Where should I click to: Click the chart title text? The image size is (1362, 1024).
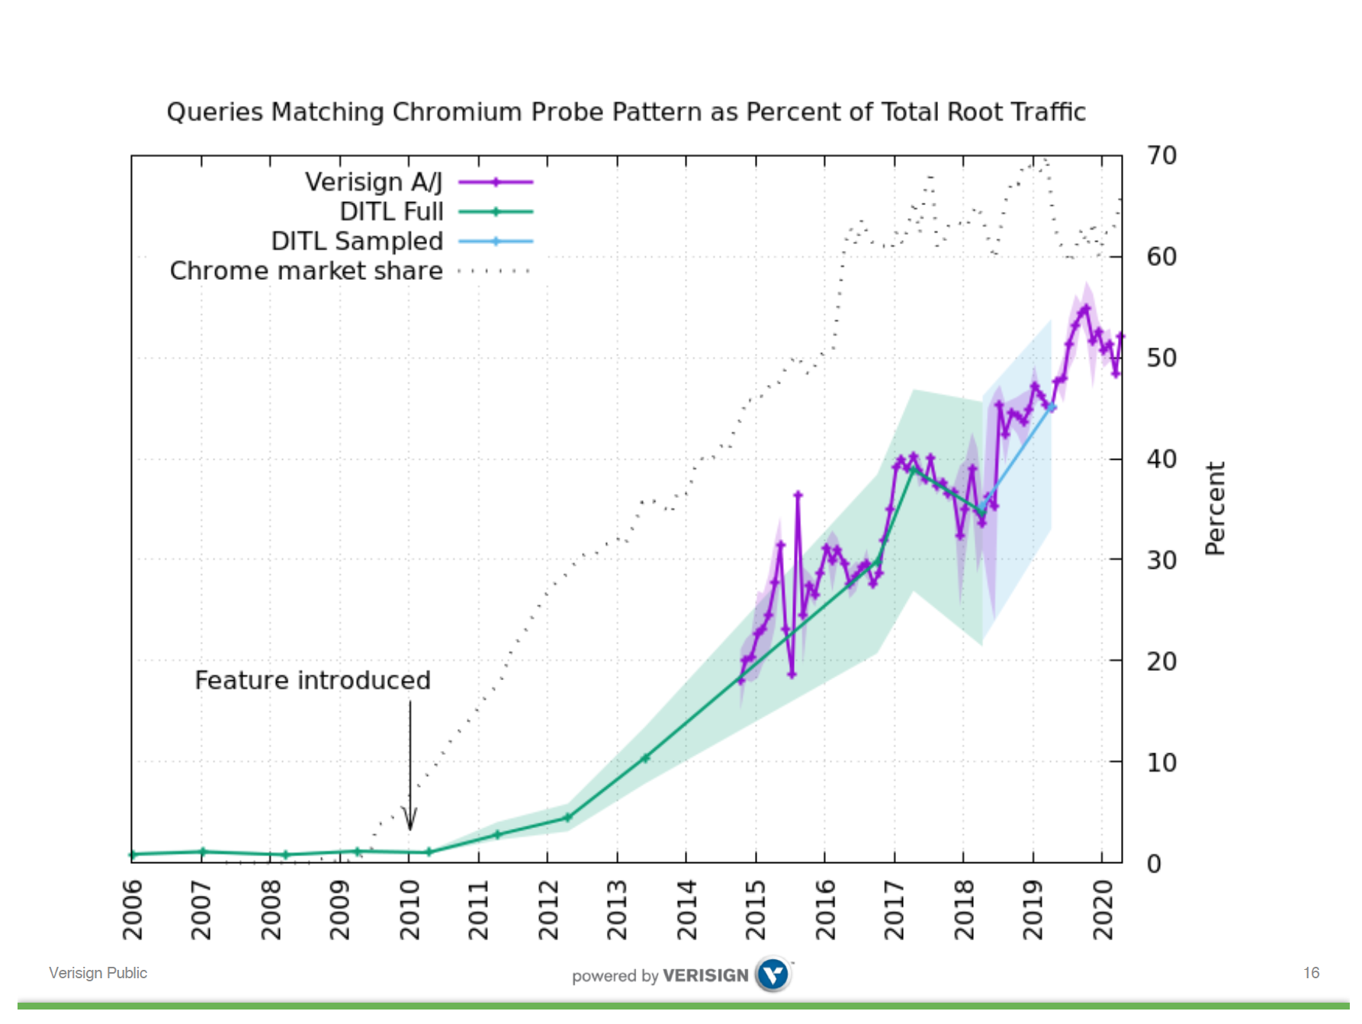pos(625,112)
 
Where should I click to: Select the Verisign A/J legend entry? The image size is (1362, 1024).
pos(374,182)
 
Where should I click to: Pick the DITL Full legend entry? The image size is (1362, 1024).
pos(391,212)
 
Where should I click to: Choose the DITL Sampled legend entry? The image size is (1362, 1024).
pos(357,241)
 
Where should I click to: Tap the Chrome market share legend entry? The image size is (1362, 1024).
pos(306,271)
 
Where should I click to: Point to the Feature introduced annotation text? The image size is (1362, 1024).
pos(313,680)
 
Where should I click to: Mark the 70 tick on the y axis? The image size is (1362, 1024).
pos(1161,156)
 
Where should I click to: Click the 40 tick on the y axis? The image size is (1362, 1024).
pos(1161,459)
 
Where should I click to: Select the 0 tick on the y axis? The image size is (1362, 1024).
pos(1154,864)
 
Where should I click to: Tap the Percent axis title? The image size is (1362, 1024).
pos(1215,509)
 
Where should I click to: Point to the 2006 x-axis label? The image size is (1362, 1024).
pos(133,910)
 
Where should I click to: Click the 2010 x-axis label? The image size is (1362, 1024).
pos(410,910)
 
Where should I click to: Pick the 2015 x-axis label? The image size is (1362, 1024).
pos(756,910)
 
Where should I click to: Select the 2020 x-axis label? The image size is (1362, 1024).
pos(1103,910)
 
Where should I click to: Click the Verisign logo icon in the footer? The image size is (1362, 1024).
pos(773,974)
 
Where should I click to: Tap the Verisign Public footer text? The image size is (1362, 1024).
pos(98,973)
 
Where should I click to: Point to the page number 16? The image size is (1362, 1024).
pos(1311,973)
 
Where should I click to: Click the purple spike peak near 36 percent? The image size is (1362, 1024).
pos(798,495)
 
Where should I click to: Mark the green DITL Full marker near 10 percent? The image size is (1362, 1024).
pos(645,758)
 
